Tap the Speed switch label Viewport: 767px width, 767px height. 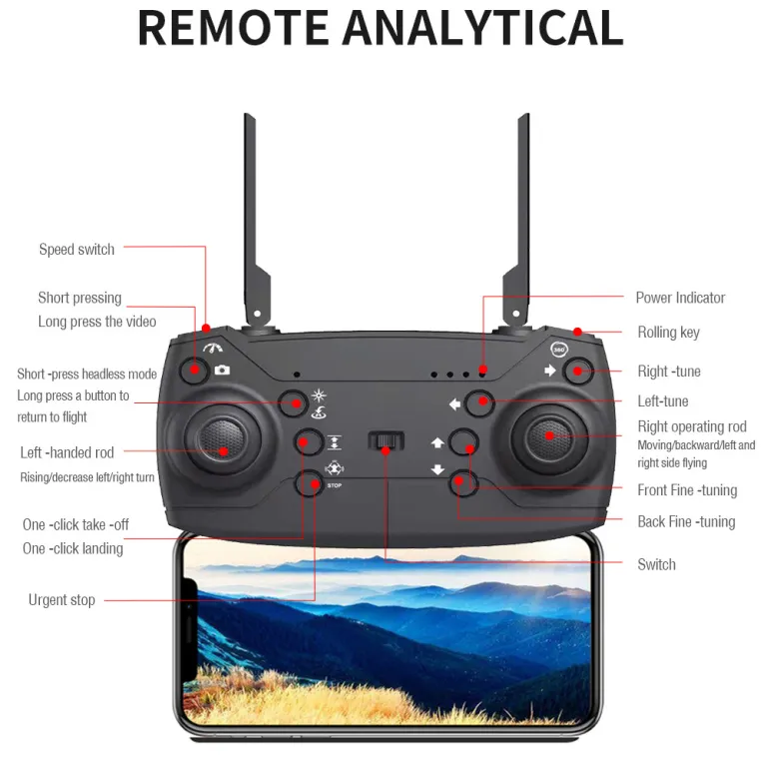tap(77, 250)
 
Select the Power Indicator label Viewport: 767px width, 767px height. tap(680, 298)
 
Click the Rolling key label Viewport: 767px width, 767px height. tap(669, 333)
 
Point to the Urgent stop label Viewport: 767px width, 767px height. tap(62, 600)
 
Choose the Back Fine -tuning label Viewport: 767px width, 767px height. tap(686, 522)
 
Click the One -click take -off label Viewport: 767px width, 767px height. tap(76, 525)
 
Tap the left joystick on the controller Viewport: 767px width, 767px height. tap(223, 440)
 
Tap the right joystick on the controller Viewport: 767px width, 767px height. tap(549, 436)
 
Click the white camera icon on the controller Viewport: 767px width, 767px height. tap(222, 370)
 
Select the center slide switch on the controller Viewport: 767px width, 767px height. tap(385, 440)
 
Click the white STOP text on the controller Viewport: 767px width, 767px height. tap(335, 485)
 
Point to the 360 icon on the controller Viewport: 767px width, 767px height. tap(559, 350)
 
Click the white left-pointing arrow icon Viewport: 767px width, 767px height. tap(454, 404)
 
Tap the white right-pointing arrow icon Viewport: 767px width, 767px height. tap(551, 371)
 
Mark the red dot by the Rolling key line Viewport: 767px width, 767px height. tap(577, 333)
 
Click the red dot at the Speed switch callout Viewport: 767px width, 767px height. tap(206, 328)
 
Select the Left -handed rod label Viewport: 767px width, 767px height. tap(67, 452)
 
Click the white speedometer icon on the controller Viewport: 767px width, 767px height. tap(214, 348)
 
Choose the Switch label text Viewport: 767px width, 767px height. tap(656, 565)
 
